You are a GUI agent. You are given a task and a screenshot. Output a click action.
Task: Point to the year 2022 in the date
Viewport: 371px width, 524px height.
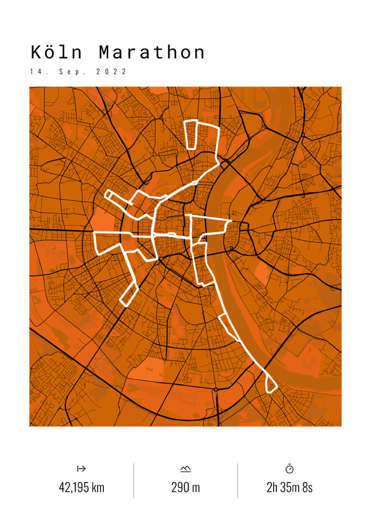point(111,72)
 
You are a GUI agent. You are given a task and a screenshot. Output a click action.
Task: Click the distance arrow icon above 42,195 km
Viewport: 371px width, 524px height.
point(81,469)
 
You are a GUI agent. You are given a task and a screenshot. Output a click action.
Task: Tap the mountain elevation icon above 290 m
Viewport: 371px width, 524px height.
point(185,469)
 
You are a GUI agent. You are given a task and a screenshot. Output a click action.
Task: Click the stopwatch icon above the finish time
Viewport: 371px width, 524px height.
point(289,469)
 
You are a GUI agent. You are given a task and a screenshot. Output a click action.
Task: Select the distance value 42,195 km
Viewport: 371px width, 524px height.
point(82,488)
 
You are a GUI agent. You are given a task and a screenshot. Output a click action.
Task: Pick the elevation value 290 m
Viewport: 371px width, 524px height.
point(185,488)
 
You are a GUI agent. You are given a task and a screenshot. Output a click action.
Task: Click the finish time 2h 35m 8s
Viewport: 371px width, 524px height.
point(289,488)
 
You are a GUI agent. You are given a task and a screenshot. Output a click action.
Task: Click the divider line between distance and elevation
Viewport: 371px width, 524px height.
point(134,480)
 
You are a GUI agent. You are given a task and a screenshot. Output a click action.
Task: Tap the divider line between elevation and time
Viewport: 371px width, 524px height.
point(237,480)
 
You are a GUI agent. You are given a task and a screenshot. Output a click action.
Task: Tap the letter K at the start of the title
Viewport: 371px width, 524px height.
point(36,52)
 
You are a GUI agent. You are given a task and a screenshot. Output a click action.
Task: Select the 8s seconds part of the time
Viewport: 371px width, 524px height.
point(308,488)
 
